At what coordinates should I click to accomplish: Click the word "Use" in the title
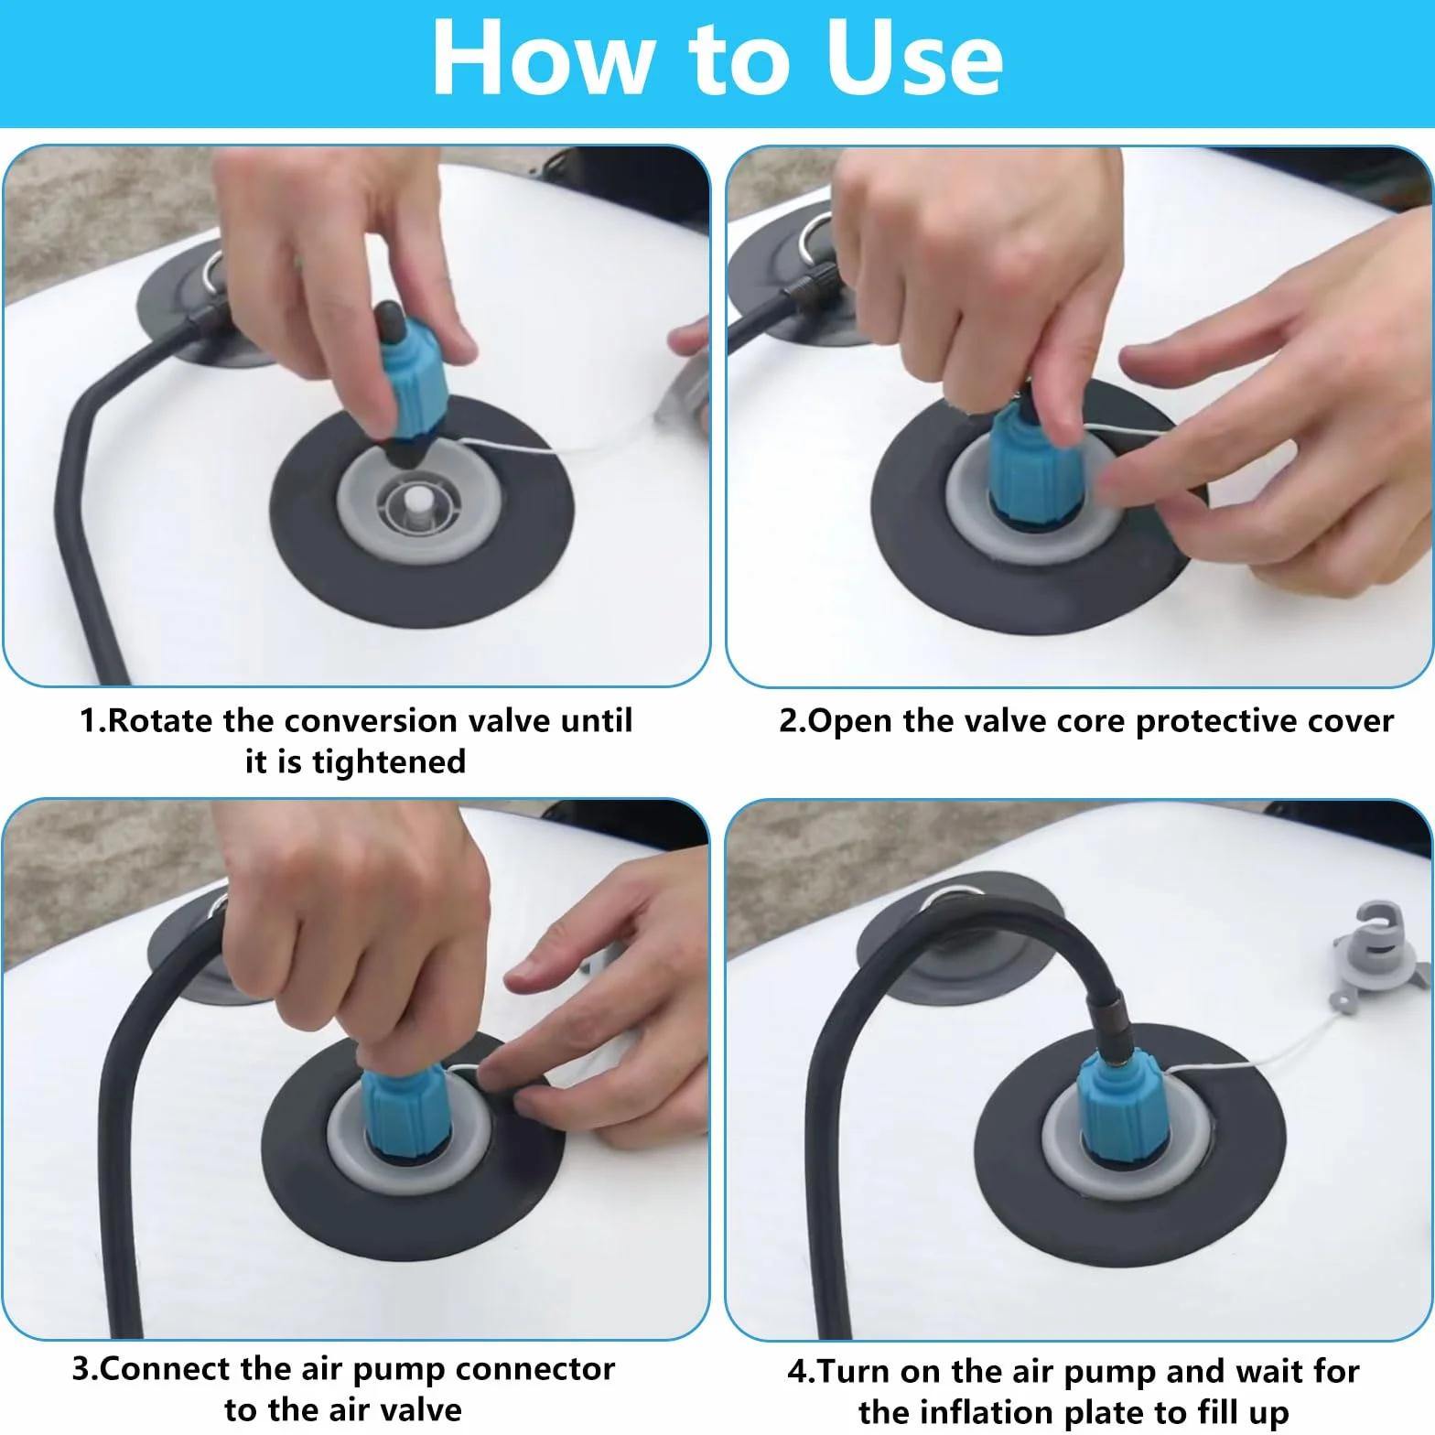pos(913,59)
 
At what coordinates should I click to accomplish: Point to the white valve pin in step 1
pos(417,505)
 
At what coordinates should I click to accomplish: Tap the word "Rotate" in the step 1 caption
pos(161,720)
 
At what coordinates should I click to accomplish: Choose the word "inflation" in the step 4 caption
pos(999,1412)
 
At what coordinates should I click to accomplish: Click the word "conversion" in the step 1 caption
pos(369,720)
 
